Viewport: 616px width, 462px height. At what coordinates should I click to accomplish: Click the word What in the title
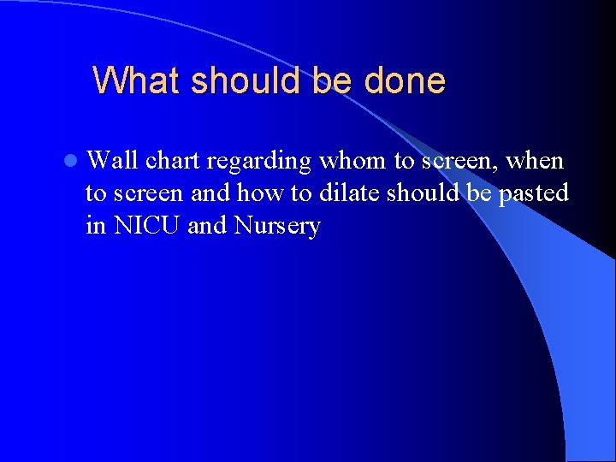click(137, 81)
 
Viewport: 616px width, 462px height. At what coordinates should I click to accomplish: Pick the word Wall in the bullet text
click(113, 160)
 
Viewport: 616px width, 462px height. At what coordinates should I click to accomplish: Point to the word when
click(535, 160)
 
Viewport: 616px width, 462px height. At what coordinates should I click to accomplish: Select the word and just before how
click(210, 193)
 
